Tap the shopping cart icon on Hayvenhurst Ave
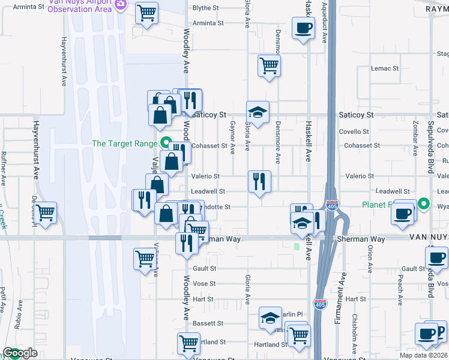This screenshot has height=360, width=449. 46,213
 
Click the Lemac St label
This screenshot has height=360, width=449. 385,68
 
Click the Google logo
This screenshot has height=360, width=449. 19,353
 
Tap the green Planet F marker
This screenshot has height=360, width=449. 423,205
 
